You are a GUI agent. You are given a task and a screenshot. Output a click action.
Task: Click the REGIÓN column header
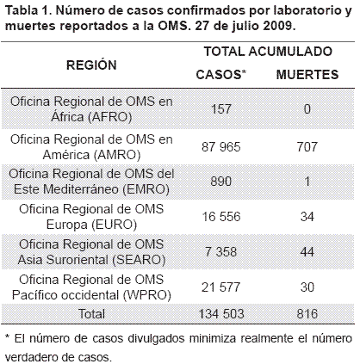point(91,65)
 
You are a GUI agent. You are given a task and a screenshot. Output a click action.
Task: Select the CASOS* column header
point(221,75)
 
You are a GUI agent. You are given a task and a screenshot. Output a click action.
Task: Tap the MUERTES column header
point(307,75)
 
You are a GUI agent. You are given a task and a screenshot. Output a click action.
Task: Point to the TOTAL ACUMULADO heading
point(268,52)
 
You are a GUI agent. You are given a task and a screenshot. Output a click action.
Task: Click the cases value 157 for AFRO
point(221,109)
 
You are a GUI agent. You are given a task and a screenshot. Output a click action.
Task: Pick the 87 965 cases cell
point(221,147)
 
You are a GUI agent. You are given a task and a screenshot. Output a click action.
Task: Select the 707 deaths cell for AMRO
point(307,147)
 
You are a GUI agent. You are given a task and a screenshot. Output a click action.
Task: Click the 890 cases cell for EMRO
point(221,182)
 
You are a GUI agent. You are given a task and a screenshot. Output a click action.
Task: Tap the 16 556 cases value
point(221,217)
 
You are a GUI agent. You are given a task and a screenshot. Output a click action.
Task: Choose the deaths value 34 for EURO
point(307,217)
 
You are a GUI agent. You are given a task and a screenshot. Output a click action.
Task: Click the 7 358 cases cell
point(221,252)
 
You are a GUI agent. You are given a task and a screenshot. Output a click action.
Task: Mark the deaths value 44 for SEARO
point(307,252)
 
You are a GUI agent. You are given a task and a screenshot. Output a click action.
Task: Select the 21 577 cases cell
point(221,287)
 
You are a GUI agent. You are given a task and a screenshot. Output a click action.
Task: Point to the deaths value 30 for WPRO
point(307,287)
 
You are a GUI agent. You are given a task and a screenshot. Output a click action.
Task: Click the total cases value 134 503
point(221,313)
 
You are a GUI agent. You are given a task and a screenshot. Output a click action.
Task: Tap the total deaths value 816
point(307,313)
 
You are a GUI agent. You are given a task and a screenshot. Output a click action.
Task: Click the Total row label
point(91,313)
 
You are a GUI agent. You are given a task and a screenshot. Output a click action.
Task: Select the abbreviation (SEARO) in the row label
point(139,260)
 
